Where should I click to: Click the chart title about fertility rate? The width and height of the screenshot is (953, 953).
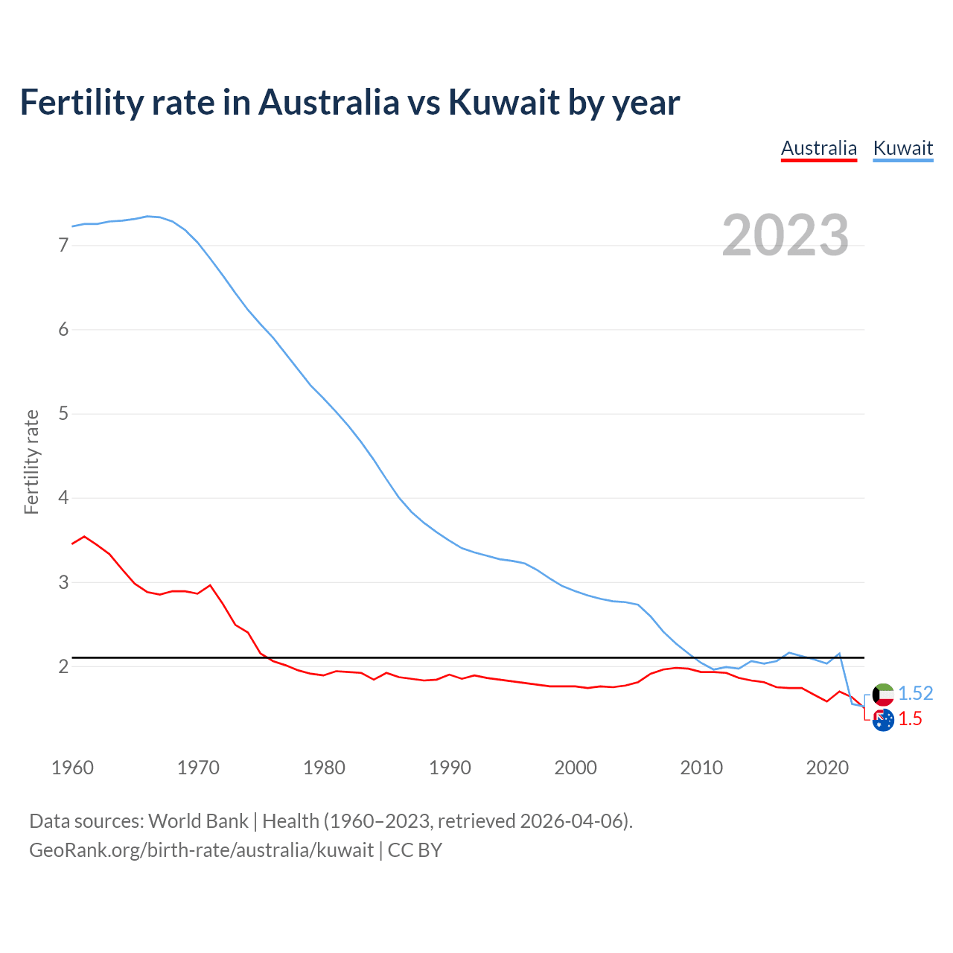pos(349,102)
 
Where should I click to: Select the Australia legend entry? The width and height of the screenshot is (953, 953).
pos(819,148)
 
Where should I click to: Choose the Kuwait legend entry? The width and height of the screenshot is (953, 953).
pos(902,148)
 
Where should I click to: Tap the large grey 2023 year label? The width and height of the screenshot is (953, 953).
pos(785,235)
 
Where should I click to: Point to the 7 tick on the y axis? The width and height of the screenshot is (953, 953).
pos(63,245)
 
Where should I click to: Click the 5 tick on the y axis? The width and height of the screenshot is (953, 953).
pos(63,413)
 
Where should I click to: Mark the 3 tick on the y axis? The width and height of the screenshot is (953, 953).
pos(63,581)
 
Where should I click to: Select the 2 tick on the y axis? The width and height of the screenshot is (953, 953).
pos(63,666)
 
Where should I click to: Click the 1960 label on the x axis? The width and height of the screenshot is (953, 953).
pos(72,768)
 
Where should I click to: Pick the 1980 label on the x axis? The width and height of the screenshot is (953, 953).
pos(324,768)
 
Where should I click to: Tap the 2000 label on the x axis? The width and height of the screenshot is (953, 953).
pos(576,768)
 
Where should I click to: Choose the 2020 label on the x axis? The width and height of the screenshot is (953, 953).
pos(827,768)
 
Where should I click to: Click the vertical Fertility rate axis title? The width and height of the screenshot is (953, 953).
pos(31,462)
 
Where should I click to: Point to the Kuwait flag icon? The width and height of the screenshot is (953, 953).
pos(883,695)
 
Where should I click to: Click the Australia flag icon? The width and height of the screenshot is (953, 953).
pos(883,720)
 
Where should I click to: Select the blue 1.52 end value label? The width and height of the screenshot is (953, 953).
pos(915,694)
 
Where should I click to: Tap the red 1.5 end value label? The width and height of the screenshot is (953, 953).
pos(910,719)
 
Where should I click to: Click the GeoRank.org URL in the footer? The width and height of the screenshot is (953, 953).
pos(201,850)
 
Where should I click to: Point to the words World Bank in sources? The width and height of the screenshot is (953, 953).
pos(198,821)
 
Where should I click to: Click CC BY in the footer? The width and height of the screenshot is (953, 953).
pos(415,850)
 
